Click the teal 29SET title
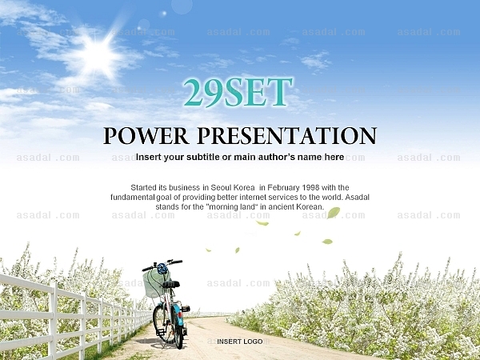(x=238, y=93)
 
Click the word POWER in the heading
(x=146, y=136)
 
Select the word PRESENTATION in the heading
(x=287, y=136)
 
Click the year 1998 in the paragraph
(x=310, y=187)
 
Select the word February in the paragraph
(x=284, y=188)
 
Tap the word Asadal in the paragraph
(x=358, y=197)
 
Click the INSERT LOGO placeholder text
(x=240, y=342)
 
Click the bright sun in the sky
(x=98, y=57)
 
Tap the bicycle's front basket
(x=154, y=283)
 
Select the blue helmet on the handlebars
(x=162, y=269)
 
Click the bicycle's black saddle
(x=172, y=284)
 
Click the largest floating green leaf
(x=334, y=213)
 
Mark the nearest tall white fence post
(x=53, y=321)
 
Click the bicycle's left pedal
(x=160, y=332)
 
